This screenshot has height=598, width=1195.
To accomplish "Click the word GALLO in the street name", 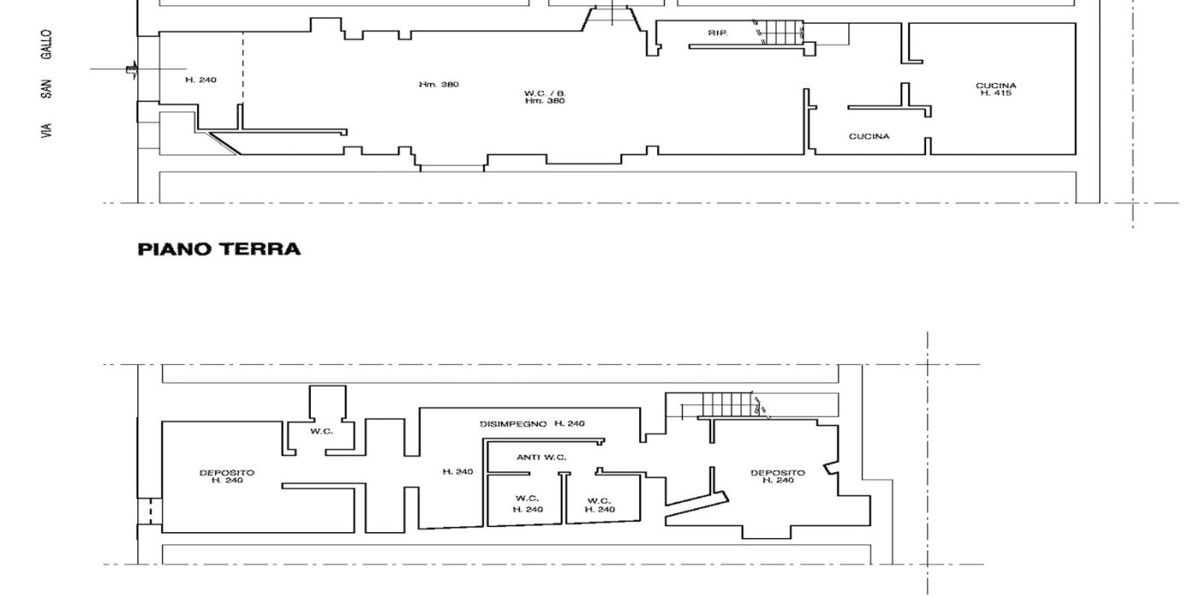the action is pos(46,44).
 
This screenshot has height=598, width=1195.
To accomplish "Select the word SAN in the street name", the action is pos(46,89).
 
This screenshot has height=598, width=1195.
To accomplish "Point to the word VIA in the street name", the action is pos(46,131).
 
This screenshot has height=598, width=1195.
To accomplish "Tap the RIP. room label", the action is pos(718,33).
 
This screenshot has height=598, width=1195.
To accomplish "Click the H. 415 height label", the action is pos(995,93).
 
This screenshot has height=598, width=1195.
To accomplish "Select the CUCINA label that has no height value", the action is pos(869,137).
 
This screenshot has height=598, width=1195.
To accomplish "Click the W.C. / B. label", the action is pos(545,93).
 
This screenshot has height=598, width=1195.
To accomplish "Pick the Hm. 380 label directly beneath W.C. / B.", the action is pos(545,101).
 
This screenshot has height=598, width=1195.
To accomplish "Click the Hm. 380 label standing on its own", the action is pos(439,85).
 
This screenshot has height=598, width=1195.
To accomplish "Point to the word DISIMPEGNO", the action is pos(513,424).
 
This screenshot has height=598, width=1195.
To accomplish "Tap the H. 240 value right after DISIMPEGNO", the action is pos(569,424).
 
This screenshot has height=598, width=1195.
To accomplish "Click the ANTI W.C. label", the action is pos(541,458).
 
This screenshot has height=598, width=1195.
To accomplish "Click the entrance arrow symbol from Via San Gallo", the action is pos(131,69).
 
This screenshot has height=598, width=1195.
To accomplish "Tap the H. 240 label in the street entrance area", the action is pos(201,80).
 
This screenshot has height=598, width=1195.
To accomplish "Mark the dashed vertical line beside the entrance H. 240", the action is pos(242,67).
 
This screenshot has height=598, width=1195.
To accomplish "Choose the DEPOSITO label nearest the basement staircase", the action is pos(778,473).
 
